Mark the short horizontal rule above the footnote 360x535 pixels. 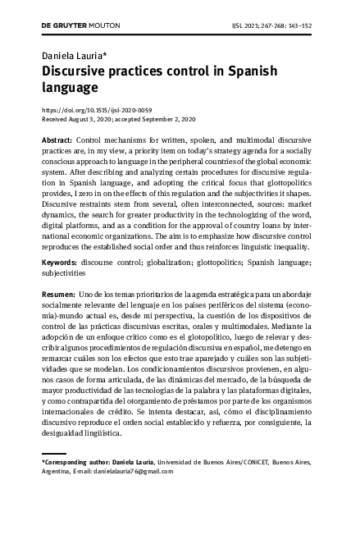(54, 454)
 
